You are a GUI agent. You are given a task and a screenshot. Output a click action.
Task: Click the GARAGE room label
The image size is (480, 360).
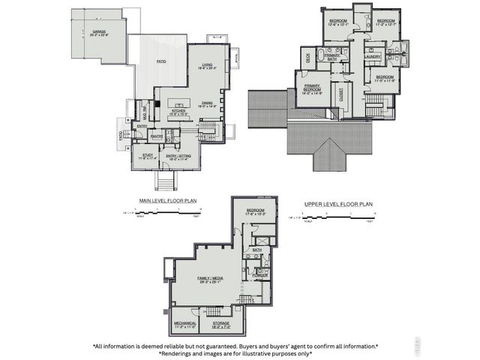[100, 33]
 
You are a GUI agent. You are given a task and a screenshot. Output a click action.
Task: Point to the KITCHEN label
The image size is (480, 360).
[178, 110]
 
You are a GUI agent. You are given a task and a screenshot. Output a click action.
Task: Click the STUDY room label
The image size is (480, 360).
[147, 155]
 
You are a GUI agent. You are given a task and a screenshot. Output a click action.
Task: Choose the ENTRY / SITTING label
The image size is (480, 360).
[180, 155]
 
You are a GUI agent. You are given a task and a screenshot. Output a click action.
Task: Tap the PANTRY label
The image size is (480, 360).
[157, 136]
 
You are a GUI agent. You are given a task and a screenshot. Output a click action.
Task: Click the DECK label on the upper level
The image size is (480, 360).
[307, 57]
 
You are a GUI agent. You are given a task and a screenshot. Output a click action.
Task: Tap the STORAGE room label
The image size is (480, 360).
[221, 324]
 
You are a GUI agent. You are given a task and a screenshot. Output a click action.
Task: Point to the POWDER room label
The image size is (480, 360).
[260, 275]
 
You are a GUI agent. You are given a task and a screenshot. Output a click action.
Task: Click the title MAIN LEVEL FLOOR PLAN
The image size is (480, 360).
[167, 201]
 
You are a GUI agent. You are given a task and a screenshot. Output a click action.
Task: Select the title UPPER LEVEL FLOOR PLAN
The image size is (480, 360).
[339, 203]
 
